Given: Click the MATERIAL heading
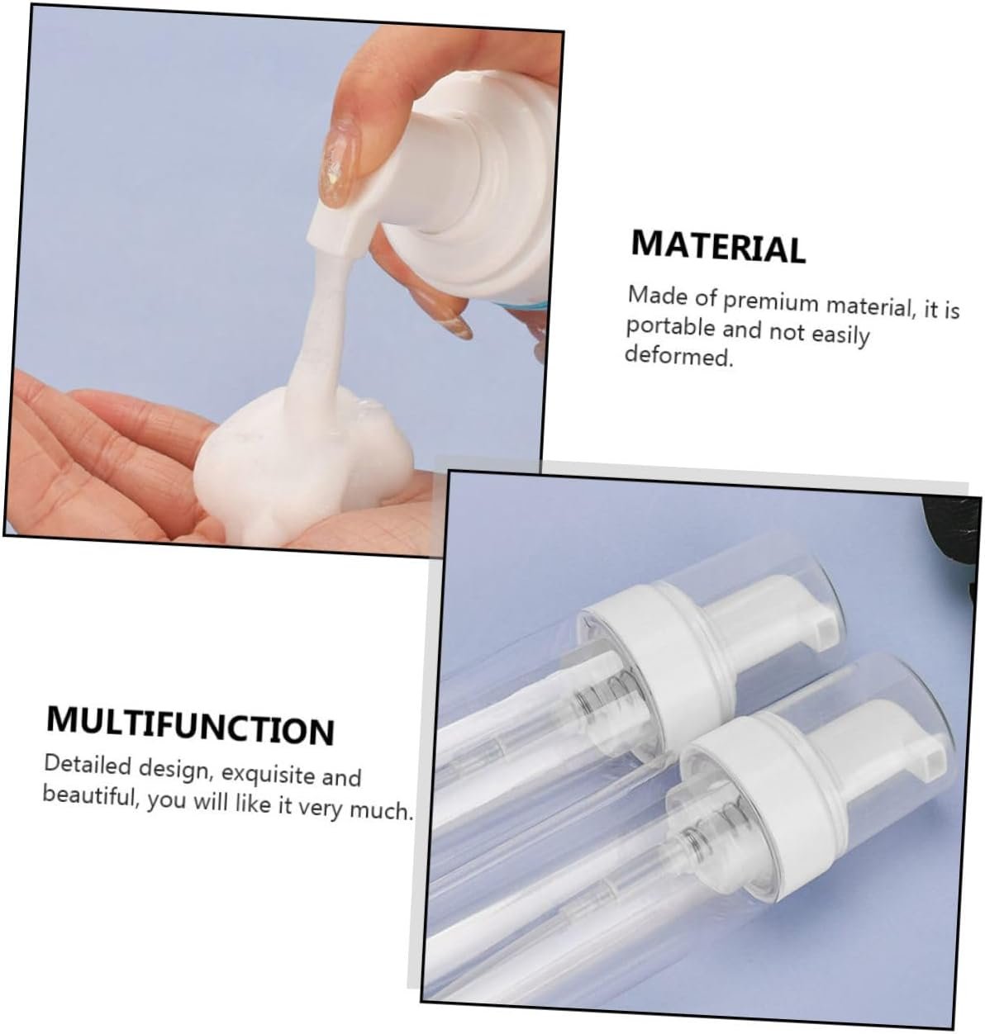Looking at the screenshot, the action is point(718,247).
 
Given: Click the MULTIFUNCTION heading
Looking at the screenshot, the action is point(190,726).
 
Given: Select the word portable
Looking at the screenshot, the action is point(670,327).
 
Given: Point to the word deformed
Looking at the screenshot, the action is point(678,355).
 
